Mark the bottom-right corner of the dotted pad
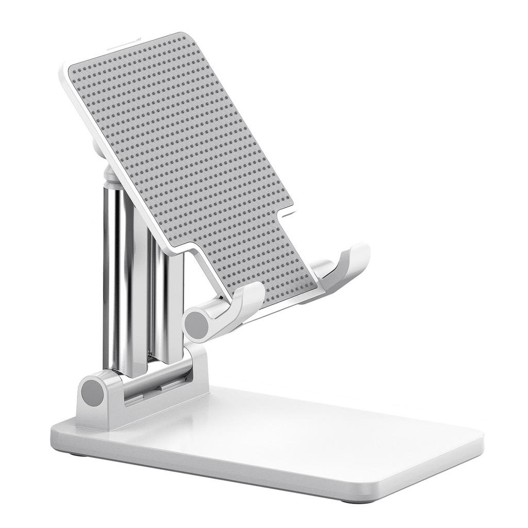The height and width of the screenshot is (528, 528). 316,286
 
